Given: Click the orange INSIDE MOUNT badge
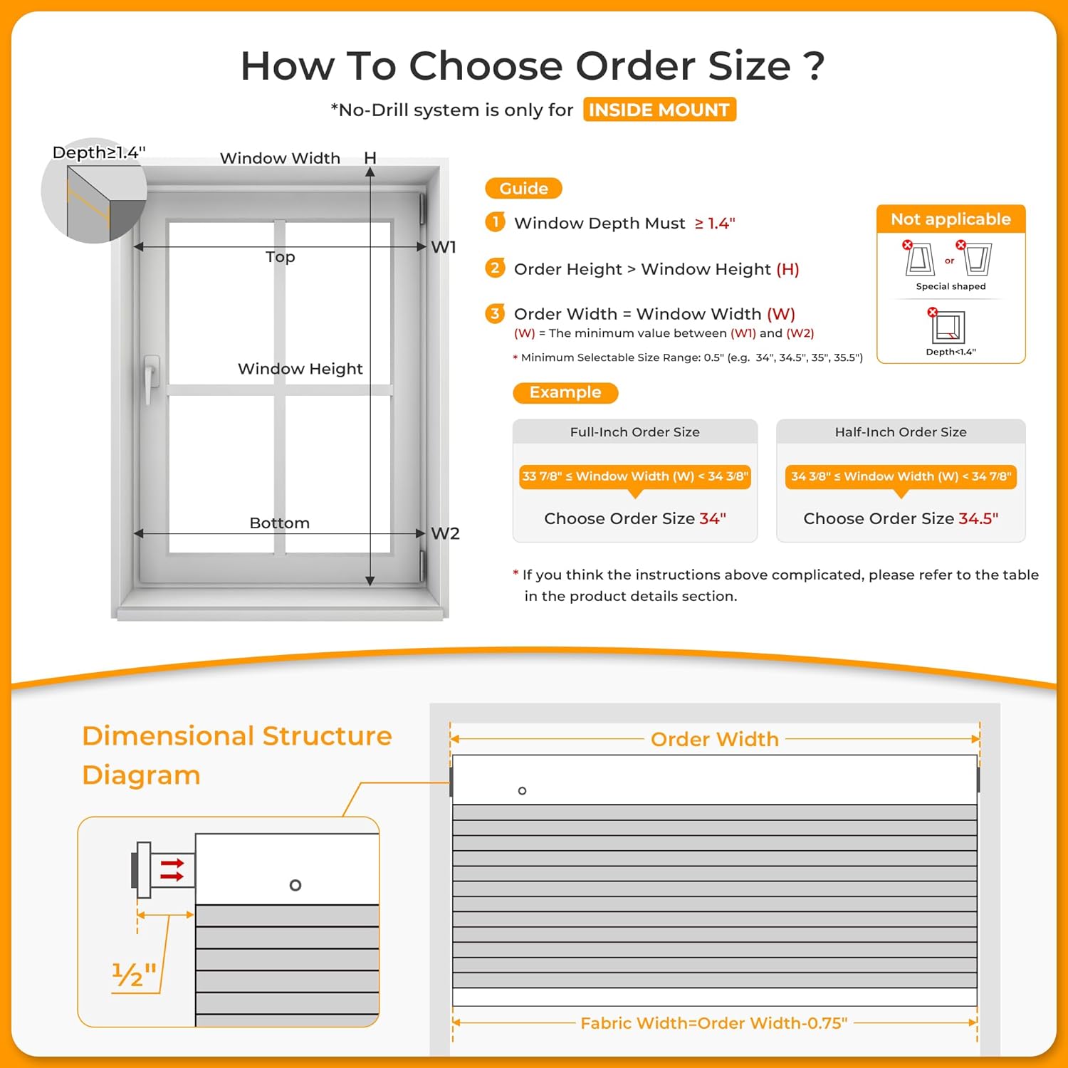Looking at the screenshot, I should point(659,110).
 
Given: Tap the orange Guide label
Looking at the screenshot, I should point(523,189).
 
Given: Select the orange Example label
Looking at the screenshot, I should point(565,392).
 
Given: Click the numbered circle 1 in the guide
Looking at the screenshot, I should point(496,222).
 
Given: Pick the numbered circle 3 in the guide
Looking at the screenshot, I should point(496,313).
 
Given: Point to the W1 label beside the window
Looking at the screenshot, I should point(444,247).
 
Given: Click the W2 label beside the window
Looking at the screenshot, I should point(445,533).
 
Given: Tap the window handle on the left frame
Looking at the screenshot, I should point(151,377).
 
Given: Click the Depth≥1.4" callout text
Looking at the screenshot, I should point(99,152).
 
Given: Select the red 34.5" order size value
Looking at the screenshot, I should point(978,518).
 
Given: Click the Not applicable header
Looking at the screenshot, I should point(951,219).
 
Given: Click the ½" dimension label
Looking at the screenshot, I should point(134,974).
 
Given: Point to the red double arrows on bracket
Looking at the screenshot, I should point(172,869).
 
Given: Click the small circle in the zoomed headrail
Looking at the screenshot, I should point(295,885).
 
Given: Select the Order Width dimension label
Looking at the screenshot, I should point(715,739).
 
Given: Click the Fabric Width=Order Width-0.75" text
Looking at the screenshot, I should point(714,1023).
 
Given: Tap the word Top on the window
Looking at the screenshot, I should point(280,257).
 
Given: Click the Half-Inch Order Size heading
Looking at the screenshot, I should point(901,432).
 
